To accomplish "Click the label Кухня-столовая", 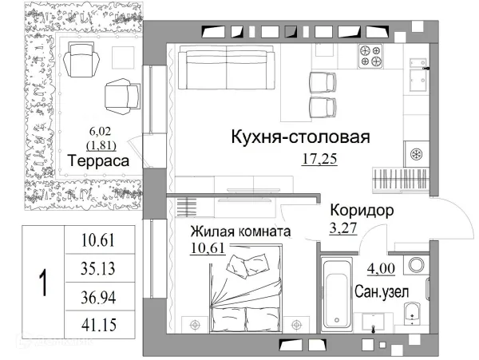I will pos(299,136).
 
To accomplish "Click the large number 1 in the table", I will pos(42,283).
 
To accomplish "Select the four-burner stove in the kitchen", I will pos(373,54).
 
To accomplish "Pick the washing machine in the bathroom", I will pos(416,267).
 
